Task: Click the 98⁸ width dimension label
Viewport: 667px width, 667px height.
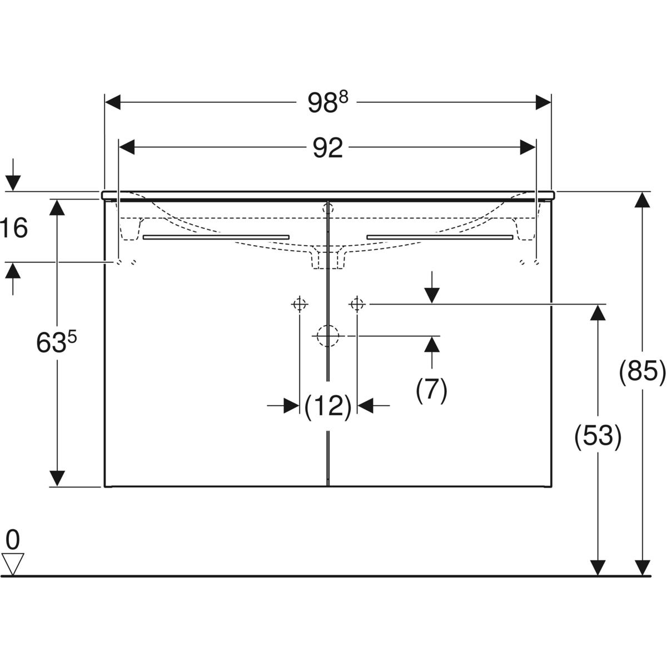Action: pyautogui.click(x=328, y=103)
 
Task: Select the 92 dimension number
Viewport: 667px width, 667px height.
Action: pyautogui.click(x=327, y=148)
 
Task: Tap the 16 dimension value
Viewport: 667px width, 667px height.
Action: pyautogui.click(x=14, y=228)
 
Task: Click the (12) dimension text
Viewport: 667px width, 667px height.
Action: pyautogui.click(x=328, y=406)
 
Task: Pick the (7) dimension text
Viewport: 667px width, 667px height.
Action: pyautogui.click(x=431, y=390)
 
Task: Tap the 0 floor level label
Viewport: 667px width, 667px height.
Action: pyautogui.click(x=13, y=539)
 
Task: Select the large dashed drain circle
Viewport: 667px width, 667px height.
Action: pyautogui.click(x=328, y=336)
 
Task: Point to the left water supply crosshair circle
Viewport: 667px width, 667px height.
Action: pyautogui.click(x=300, y=304)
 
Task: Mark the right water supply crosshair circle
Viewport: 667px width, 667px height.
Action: pyautogui.click(x=357, y=304)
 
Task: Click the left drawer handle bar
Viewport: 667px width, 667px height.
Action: pyautogui.click(x=216, y=237)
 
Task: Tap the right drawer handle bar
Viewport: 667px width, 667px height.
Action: pyautogui.click(x=439, y=237)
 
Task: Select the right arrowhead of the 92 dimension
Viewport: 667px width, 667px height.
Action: pyautogui.click(x=528, y=147)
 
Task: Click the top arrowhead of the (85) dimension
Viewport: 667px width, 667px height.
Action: pyautogui.click(x=643, y=200)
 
